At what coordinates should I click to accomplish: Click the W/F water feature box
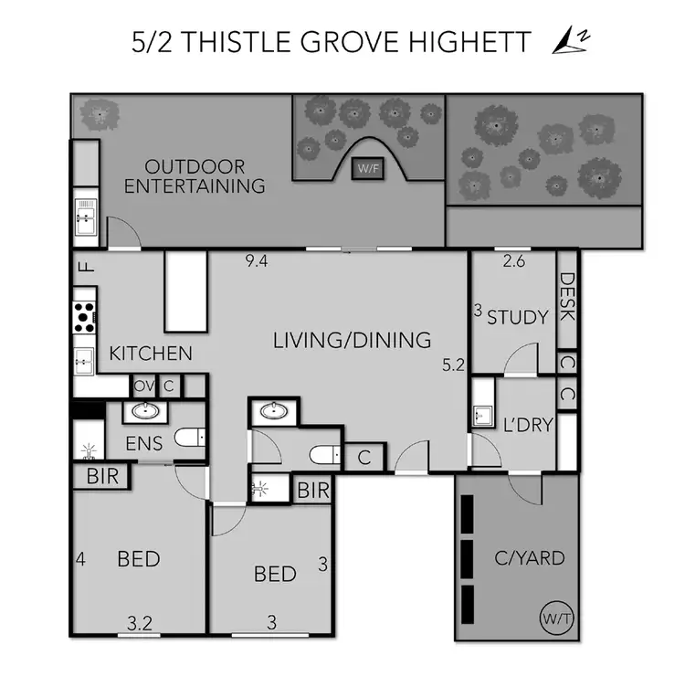click(367, 169)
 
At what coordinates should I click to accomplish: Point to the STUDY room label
click(517, 318)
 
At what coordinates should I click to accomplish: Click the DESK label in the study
click(566, 298)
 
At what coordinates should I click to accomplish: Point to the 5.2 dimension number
click(453, 365)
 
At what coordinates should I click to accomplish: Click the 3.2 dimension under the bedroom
click(139, 624)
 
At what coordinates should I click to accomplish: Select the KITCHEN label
click(151, 353)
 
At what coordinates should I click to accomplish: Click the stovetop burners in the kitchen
click(84, 315)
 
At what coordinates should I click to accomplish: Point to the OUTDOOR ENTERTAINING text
click(195, 176)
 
